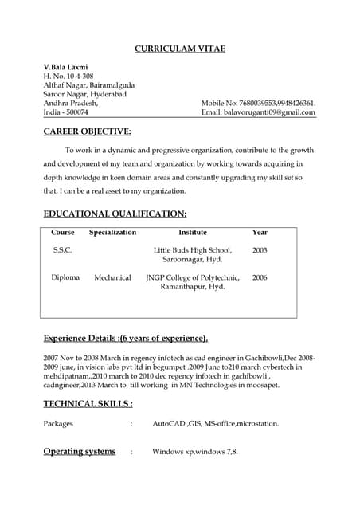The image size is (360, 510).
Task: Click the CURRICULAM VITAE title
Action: coord(179,49)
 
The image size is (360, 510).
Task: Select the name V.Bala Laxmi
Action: coord(66,66)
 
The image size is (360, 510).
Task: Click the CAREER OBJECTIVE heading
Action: coord(87,131)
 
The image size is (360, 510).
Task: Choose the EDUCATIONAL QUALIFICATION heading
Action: coord(115,214)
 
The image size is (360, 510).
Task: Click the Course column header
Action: coord(63,233)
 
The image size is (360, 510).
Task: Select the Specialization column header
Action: coord(112,233)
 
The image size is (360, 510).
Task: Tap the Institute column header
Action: coord(193,233)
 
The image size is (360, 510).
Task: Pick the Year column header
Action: coord(260,233)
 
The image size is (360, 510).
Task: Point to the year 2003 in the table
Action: coord(260,250)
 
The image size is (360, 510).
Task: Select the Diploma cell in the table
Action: coord(65,278)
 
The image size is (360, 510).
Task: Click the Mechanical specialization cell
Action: coord(112,278)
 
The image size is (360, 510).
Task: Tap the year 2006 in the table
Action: coord(260,278)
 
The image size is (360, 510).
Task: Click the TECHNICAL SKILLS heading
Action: coord(88,404)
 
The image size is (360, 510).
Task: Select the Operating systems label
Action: coord(79,452)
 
